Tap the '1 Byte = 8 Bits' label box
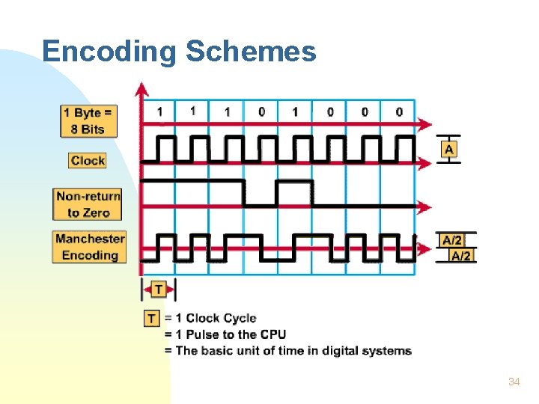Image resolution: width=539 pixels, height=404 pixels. point(88,121)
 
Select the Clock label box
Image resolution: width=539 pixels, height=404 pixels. point(88,160)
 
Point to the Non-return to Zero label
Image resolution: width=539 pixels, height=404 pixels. point(88,204)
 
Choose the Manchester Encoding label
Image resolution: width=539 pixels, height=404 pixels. point(90,247)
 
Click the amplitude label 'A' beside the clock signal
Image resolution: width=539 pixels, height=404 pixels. point(448,150)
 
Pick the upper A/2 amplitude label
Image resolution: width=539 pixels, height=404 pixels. point(452,240)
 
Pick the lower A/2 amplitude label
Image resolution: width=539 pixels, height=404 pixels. point(461,256)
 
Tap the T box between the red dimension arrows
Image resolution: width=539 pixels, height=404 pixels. point(159,289)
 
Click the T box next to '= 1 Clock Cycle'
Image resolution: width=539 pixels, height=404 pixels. point(152,319)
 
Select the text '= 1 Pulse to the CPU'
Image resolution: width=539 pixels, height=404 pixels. point(225,334)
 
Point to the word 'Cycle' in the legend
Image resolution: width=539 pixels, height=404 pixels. point(240,319)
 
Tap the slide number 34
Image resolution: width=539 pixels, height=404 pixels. point(514,382)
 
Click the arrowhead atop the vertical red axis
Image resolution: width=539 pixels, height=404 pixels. point(141,88)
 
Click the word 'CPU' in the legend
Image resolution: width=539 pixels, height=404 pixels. point(272,334)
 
